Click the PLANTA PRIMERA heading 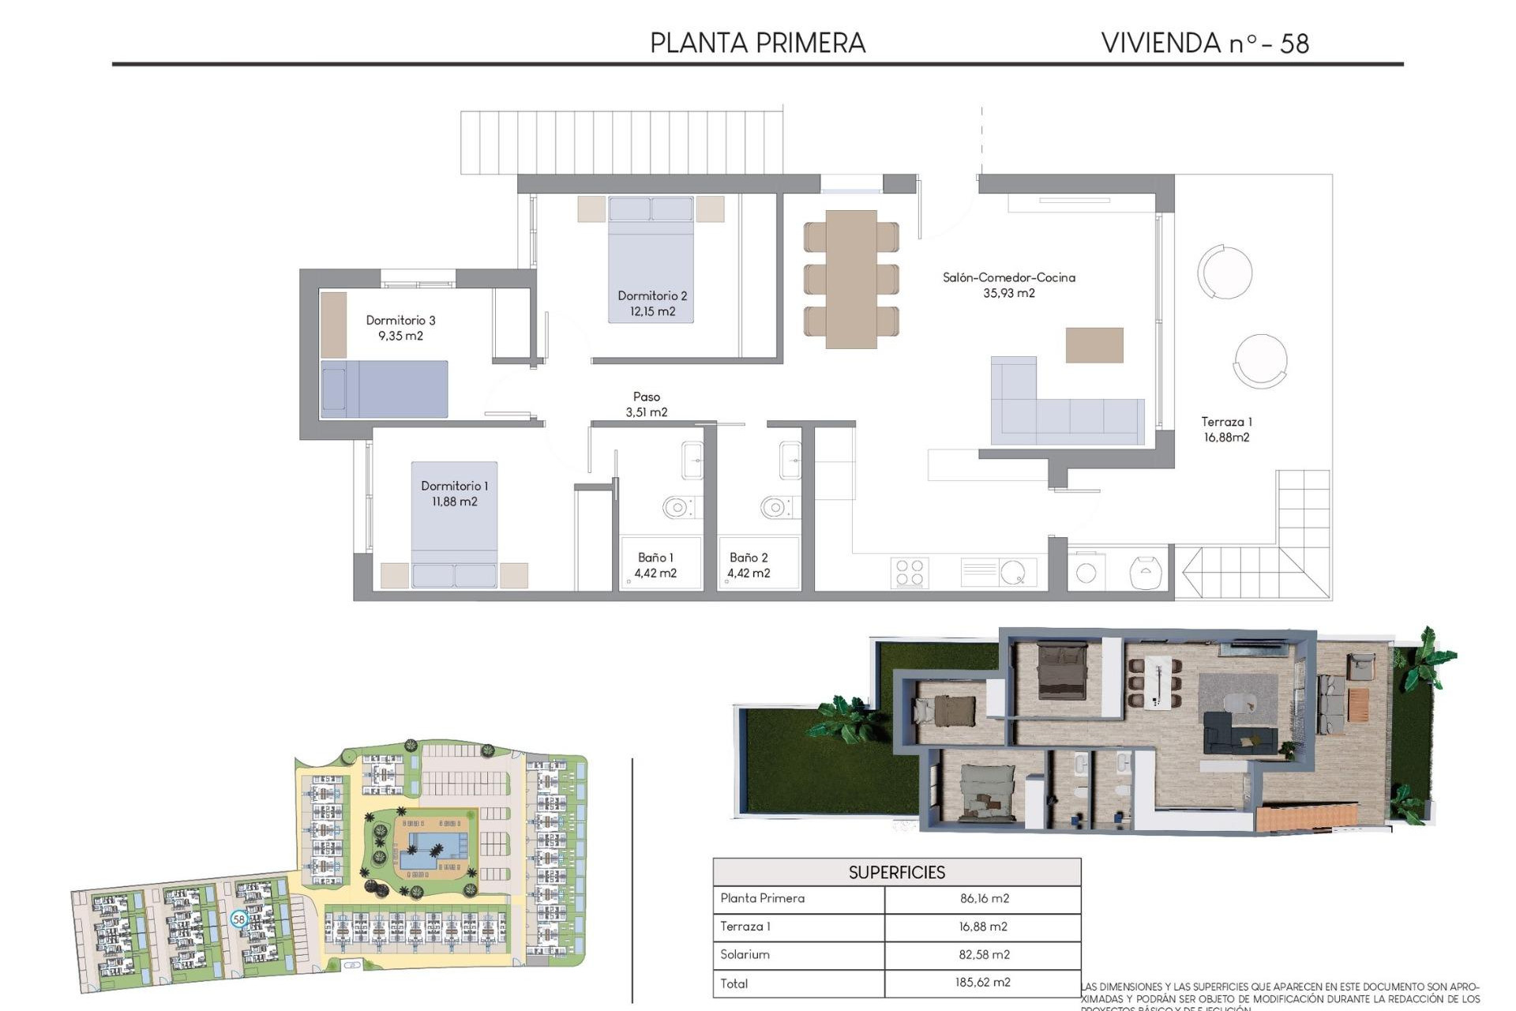coord(757,43)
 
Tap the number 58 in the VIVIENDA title coord(1294,43)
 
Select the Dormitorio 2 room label coord(652,295)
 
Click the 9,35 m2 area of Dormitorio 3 coord(400,336)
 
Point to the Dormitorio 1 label coord(454,486)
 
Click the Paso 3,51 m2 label coord(647,404)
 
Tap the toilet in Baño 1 coord(677,507)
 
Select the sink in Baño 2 coord(790,460)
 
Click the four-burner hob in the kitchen coord(909,573)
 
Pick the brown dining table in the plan coord(851,279)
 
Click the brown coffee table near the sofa coord(1094,345)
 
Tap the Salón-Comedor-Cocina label coord(1008,277)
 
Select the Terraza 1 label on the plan coord(1226,422)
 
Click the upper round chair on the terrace coord(1225,272)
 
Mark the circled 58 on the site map coord(238,919)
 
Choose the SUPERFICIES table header coord(896,872)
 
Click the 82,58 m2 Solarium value coord(984,954)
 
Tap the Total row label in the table coord(734,983)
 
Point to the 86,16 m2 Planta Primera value coord(984,898)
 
